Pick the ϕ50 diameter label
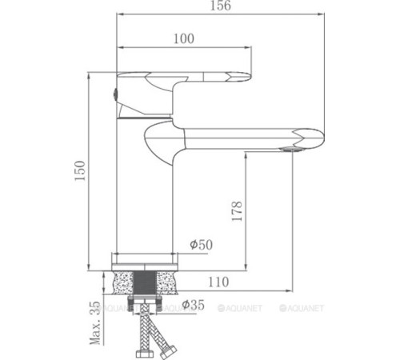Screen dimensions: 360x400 tap(201, 244)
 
